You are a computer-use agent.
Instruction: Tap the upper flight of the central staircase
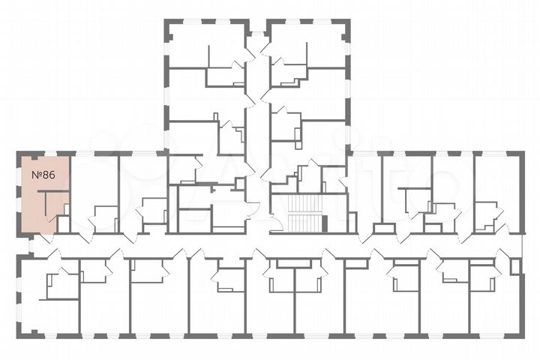[x=303, y=205]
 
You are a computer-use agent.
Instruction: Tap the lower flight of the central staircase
[x=303, y=223]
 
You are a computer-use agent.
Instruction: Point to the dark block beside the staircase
[x=325, y=223]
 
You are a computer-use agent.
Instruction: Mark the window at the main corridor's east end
[x=521, y=245]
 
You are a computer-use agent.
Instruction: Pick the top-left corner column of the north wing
[x=168, y=24]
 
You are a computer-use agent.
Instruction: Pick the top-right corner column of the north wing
[x=345, y=24]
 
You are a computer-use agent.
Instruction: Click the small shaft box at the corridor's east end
[x=514, y=266]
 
